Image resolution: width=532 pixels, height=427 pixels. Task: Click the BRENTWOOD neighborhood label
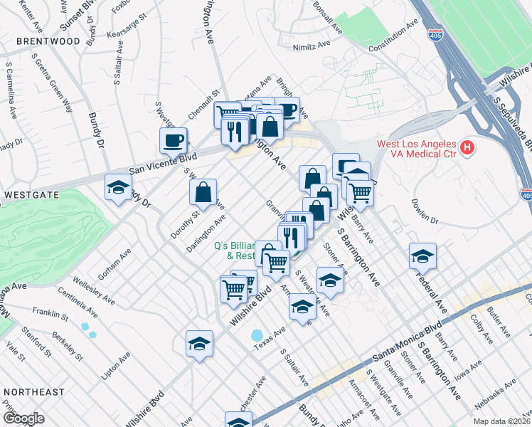point(40,41)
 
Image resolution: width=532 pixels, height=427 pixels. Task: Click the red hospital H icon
point(467,148)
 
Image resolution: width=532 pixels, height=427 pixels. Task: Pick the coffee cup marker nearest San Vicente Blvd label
point(173,141)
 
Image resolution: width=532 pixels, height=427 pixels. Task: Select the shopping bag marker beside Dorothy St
point(203,192)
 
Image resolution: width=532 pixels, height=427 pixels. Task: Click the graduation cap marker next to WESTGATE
point(119,188)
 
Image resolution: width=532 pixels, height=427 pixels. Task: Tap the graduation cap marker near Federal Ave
point(422,256)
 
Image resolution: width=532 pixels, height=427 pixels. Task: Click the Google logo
point(23,418)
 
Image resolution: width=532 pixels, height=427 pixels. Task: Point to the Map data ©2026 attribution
point(501,421)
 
